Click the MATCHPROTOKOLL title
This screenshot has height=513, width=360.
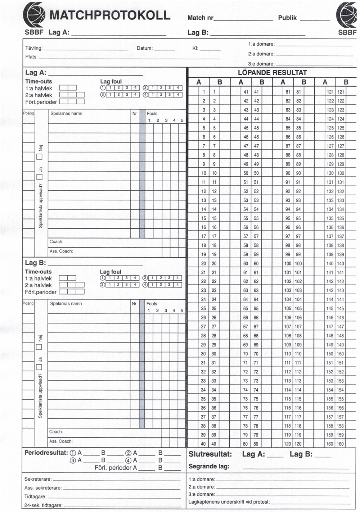pos(110,15)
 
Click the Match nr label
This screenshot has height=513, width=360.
pos(201,18)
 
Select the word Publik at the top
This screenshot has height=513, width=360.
pos(287,18)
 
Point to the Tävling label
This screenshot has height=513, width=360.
pos(34,48)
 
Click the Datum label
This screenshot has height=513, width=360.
pos(145,48)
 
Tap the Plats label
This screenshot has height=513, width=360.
pos(31,57)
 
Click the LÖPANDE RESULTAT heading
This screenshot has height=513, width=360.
pos(272,72)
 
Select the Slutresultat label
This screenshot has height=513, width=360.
pos(210,454)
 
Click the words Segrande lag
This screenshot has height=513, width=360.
pos(209,466)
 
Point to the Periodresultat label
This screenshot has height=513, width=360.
pos(46,453)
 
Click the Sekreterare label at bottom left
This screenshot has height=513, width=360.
pos(38,479)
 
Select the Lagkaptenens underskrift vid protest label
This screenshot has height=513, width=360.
pos(229,502)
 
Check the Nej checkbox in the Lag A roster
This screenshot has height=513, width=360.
pos(40,156)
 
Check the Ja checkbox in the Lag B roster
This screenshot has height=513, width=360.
pos(39,367)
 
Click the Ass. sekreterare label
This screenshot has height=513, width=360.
pos(43,488)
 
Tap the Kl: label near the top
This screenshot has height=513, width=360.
pos(195,48)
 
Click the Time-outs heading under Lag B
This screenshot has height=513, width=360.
pos(38,272)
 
